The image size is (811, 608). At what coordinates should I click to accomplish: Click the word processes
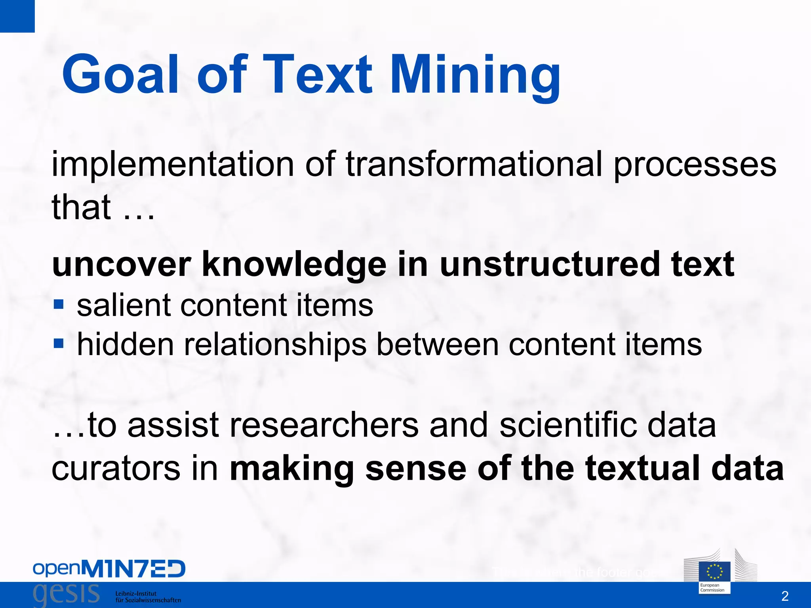coord(695,165)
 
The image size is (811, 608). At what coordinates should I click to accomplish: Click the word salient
coord(124,305)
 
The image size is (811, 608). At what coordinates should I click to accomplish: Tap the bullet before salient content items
coord(58,304)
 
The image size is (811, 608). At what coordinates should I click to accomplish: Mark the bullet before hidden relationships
coord(58,343)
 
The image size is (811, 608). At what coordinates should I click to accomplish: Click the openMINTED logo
coord(109,569)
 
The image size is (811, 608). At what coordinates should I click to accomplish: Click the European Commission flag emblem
coord(715,571)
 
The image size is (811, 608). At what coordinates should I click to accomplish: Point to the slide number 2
coord(784,596)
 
